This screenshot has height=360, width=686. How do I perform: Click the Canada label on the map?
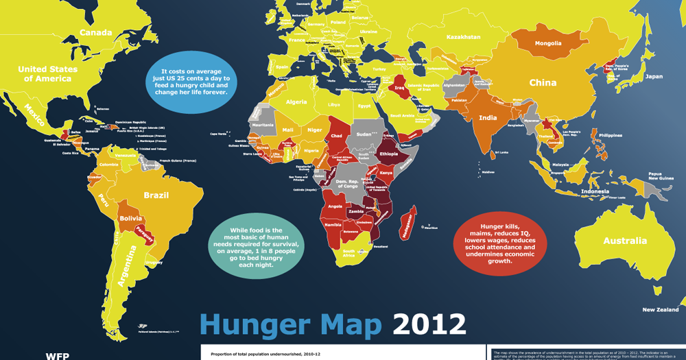pyautogui.click(x=96, y=33)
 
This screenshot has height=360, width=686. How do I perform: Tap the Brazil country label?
pyautogui.click(x=156, y=195)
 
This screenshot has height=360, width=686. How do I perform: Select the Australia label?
pyautogui.click(x=624, y=241)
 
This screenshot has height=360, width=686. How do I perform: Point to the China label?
pyautogui.click(x=542, y=83)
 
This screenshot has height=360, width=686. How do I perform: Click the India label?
pyautogui.click(x=488, y=118)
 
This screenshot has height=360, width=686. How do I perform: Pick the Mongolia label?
pyautogui.click(x=547, y=43)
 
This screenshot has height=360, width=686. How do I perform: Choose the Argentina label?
pyautogui.click(x=126, y=269)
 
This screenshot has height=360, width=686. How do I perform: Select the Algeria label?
pyautogui.click(x=296, y=102)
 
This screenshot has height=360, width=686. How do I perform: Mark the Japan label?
pyautogui.click(x=654, y=77)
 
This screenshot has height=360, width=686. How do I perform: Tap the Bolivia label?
pyautogui.click(x=130, y=218)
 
